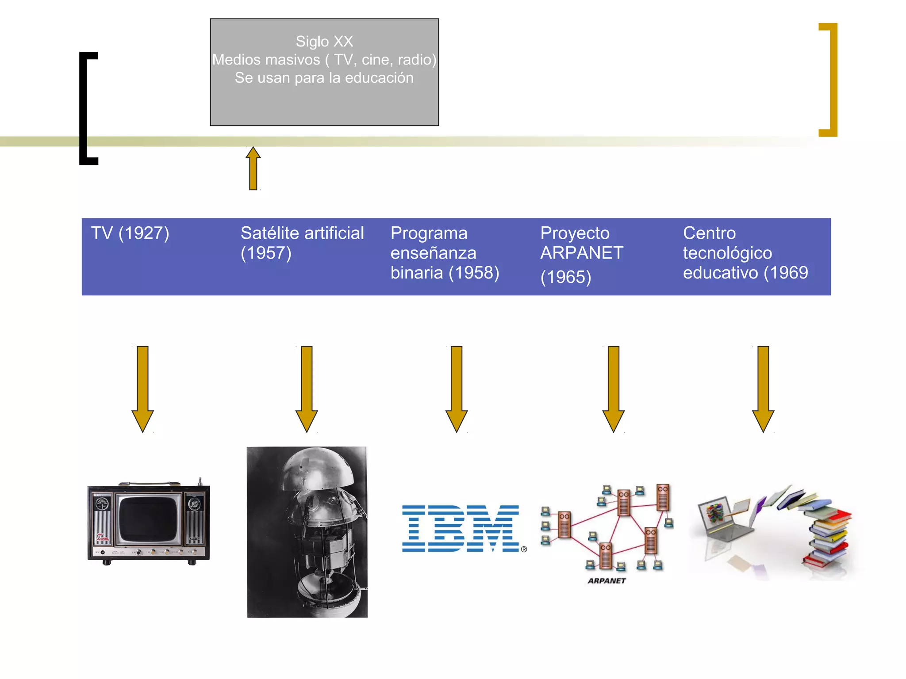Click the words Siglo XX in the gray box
[324, 42]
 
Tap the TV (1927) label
[130, 233]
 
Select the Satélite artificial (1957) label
[302, 242]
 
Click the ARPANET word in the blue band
[582, 253]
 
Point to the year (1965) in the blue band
[565, 277]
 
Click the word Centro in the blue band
[709, 233]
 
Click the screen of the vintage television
[148, 519]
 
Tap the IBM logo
[461, 529]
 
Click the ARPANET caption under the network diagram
[607, 581]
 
